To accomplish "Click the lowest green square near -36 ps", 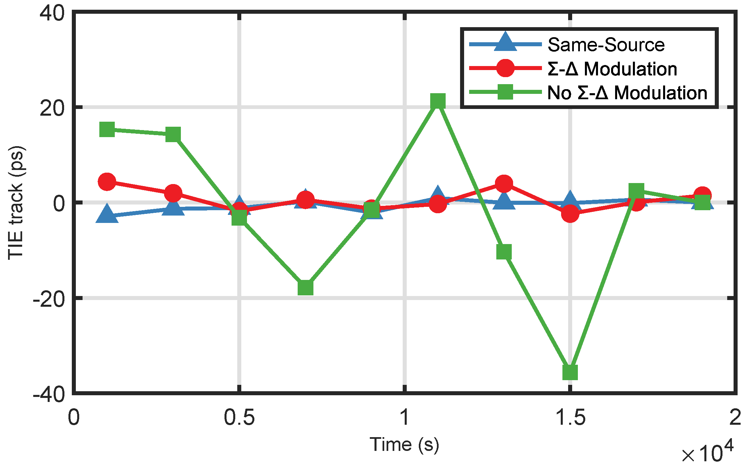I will coord(570,372).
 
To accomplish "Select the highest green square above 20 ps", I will coord(438,101).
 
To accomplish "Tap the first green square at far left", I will coord(107,129).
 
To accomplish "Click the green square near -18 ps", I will coord(305,288).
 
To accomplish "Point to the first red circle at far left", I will coord(107,182).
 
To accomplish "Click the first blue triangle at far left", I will coord(107,214).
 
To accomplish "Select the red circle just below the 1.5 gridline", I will coord(570,214).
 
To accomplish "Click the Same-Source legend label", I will coord(606,45).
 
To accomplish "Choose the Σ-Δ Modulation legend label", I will coord(612,69).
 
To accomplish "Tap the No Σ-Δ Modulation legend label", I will coord(627,93).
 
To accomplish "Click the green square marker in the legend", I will coord(505,92).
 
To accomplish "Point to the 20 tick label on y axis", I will coord(52,108).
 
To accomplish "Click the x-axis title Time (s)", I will coord(404,445).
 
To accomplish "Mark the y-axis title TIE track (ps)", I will coord(16,202).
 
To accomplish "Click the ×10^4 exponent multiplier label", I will coord(707,453).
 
